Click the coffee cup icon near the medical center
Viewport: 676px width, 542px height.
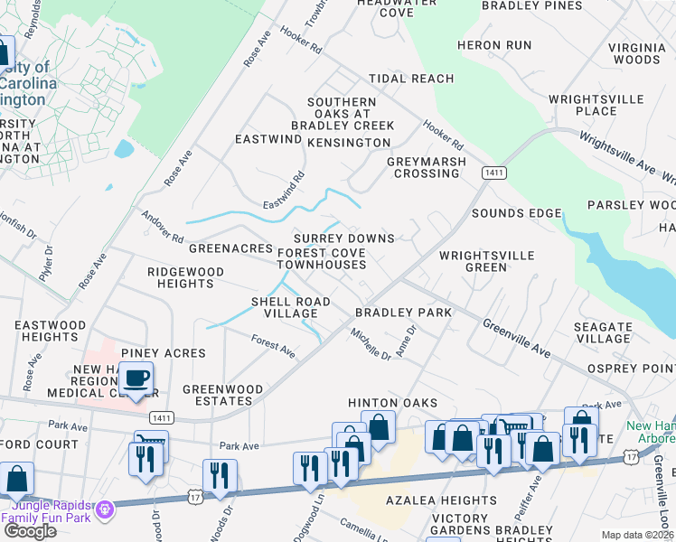tap(136, 378)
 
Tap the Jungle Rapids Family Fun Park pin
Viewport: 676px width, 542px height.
tap(106, 510)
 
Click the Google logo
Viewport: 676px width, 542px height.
tap(30, 530)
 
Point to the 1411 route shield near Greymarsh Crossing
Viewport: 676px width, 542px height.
tap(493, 172)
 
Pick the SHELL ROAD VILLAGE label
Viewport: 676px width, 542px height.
tap(290, 307)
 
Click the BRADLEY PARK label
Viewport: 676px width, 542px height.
tap(403, 313)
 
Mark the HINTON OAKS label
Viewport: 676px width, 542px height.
tap(393, 403)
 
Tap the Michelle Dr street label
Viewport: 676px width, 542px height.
tap(371, 344)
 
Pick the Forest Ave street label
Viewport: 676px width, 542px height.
tap(273, 344)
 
